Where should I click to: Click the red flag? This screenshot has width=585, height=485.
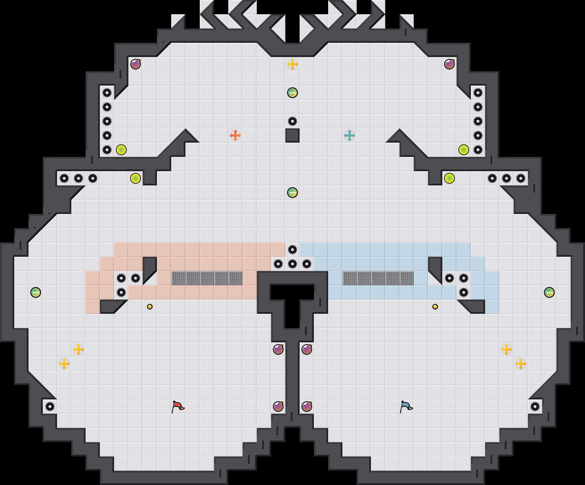coord(178,407)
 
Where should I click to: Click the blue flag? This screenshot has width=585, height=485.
coord(406,407)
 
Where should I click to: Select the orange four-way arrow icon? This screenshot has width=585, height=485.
coord(235,136)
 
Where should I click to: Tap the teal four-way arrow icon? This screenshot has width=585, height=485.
coord(350,136)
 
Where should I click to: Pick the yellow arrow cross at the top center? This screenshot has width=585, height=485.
coord(292,64)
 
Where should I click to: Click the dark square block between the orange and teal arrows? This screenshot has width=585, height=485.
coord(292,136)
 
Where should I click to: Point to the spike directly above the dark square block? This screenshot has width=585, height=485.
coord(292,121)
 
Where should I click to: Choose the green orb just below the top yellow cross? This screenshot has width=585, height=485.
coord(292,93)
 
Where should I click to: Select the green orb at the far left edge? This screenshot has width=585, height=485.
coord(36,292)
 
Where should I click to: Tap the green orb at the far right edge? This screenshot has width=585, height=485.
coord(549,292)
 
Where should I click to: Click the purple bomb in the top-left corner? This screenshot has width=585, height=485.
coord(136,64)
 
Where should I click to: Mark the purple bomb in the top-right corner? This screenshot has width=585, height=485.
coord(449,64)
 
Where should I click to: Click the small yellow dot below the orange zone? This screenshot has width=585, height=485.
coord(150,307)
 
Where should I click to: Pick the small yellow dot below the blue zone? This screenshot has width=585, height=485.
coord(435,307)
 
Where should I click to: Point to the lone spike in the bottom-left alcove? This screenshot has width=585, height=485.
coord(50,407)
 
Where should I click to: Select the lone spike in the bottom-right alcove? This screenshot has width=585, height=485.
coord(535,407)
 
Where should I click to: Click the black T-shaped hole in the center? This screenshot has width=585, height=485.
coord(292,300)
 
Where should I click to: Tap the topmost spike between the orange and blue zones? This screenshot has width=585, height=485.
coord(292,250)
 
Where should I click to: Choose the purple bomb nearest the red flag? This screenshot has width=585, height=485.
coord(278,407)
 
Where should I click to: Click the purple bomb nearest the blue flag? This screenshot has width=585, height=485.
coord(307,407)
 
